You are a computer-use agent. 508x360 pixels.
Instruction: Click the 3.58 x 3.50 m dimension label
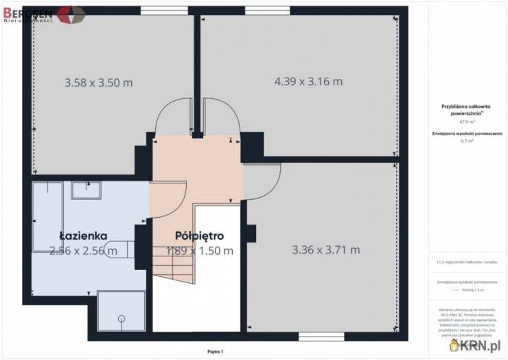pyautogui.click(x=98, y=82)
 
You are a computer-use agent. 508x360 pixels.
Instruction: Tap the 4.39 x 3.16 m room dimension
pyautogui.click(x=308, y=81)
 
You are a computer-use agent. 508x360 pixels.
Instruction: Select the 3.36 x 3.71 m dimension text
pyautogui.click(x=325, y=249)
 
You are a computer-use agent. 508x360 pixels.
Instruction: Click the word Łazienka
pyautogui.click(x=83, y=235)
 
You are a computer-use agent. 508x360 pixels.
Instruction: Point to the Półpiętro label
pyautogui.click(x=200, y=236)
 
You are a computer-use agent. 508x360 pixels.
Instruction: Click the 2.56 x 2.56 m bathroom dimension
pyautogui.click(x=83, y=251)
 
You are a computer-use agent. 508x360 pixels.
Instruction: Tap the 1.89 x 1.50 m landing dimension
pyautogui.click(x=200, y=251)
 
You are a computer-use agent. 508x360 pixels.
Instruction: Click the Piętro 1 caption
pyautogui.click(x=216, y=352)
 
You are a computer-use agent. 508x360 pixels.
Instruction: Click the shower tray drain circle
pyautogui.click(x=122, y=318)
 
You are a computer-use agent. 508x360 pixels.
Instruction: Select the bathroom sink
pyautogui.click(x=86, y=190)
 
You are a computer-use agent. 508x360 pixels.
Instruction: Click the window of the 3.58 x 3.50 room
pyautogui.click(x=159, y=10)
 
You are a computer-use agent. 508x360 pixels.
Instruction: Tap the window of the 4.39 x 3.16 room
pyautogui.click(x=267, y=10)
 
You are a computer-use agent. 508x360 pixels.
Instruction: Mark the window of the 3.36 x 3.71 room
pyautogui.click(x=316, y=336)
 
